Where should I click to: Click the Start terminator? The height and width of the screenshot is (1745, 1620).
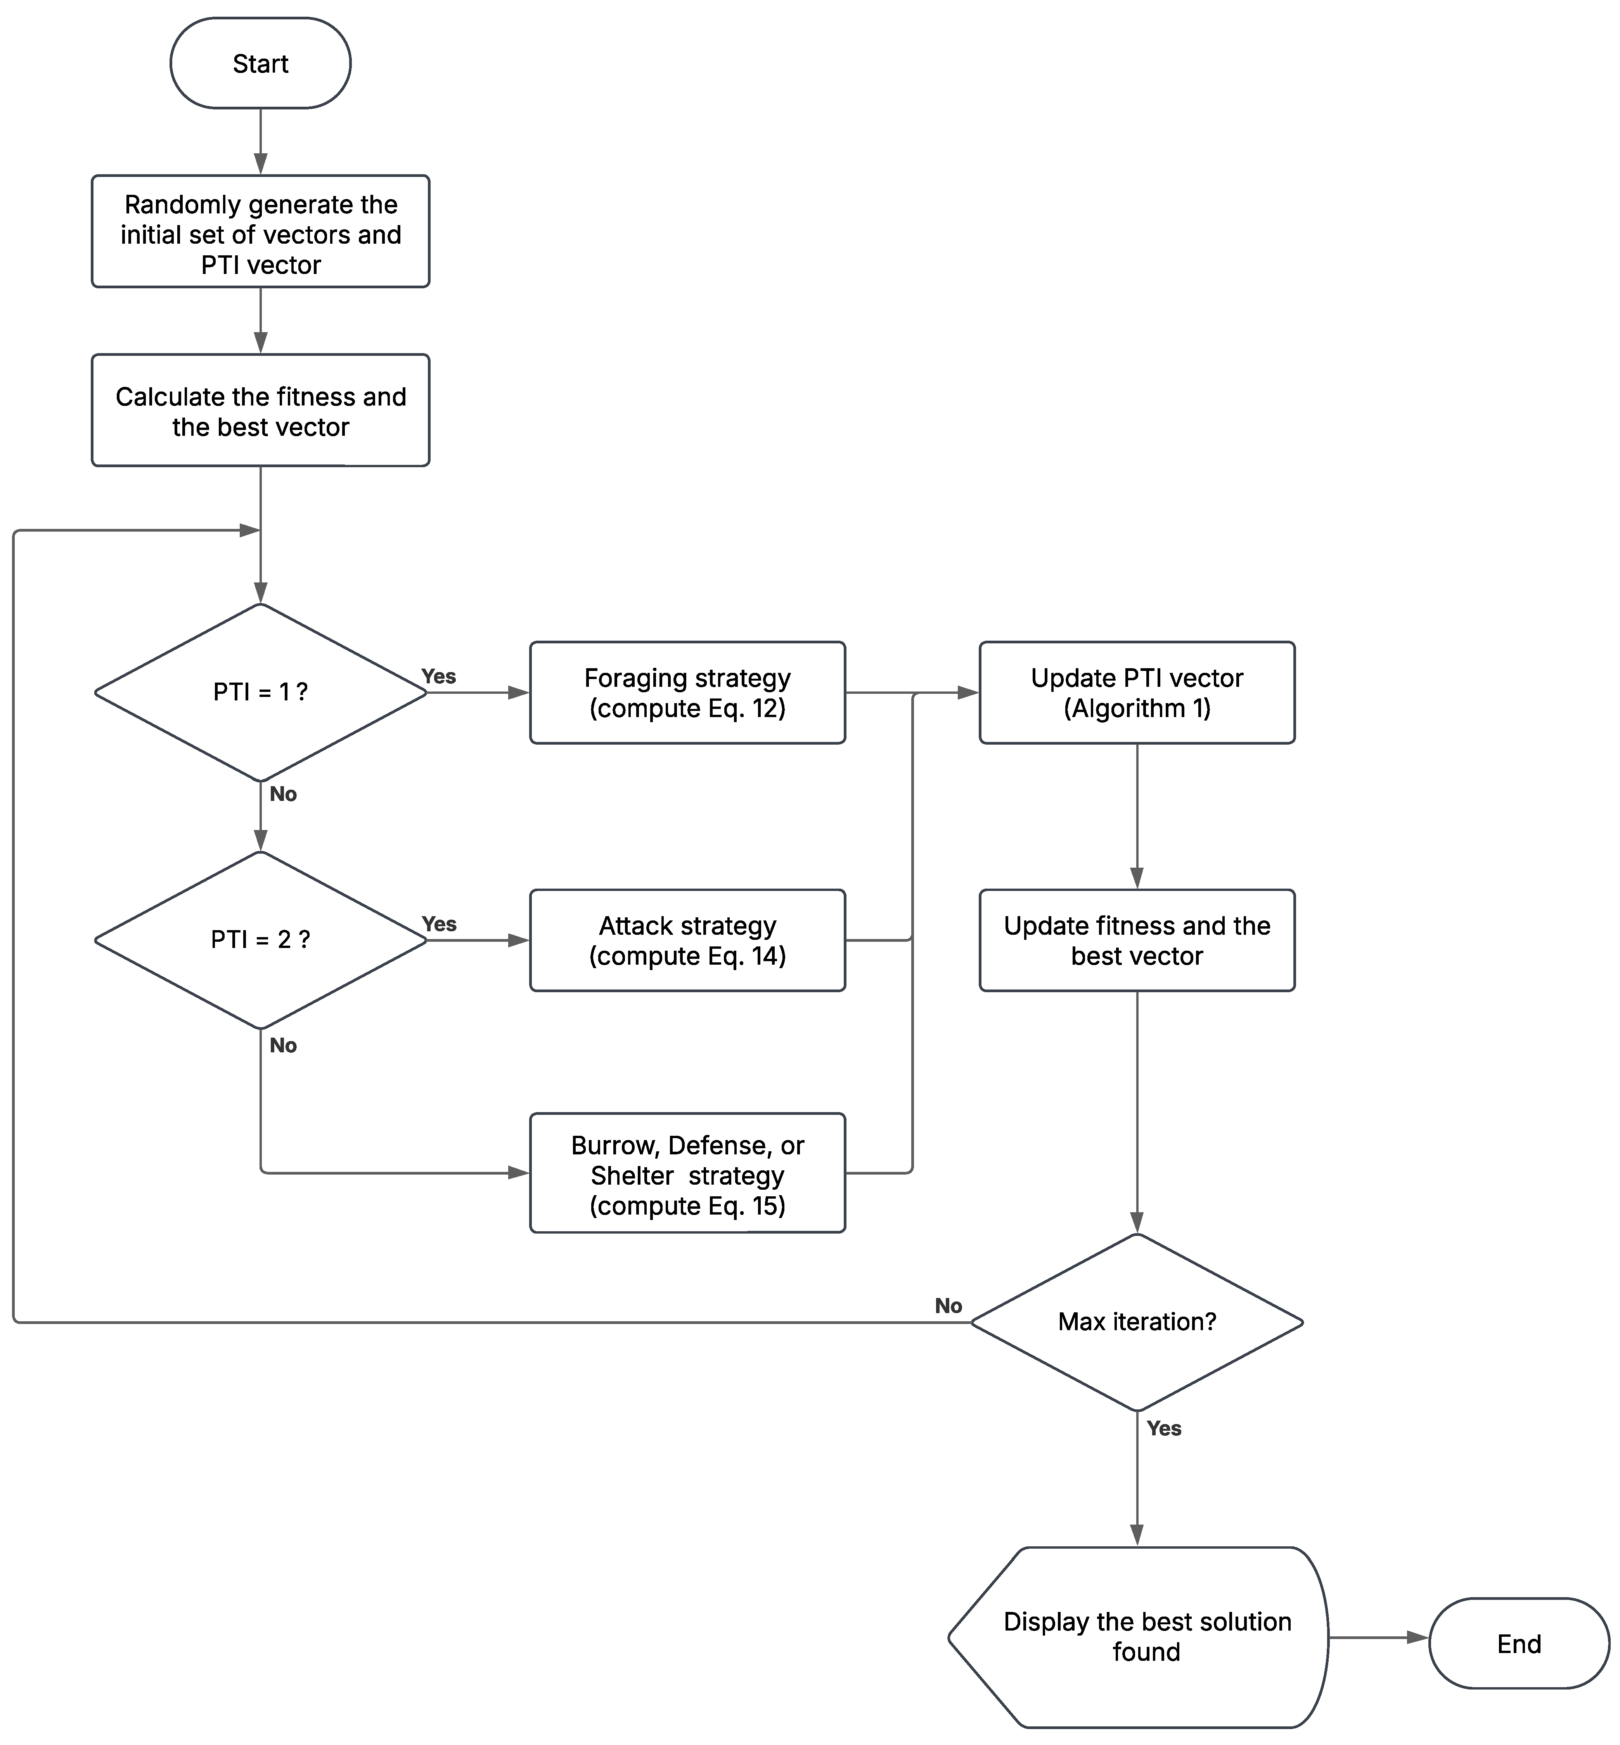[260, 63]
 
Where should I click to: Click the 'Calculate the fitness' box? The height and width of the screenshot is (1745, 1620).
[260, 411]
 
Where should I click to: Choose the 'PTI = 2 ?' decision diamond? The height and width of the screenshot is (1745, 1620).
[260, 940]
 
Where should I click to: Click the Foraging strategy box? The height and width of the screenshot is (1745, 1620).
[687, 693]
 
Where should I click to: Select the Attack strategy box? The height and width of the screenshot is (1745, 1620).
[687, 940]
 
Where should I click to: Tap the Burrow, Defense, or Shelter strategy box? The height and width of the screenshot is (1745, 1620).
[687, 1173]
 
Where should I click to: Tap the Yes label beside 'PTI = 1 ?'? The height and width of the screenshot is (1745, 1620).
[438, 676]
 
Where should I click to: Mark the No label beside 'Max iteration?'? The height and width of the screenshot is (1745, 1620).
[948, 1306]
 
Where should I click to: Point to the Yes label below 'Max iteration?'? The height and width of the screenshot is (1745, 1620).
[1163, 1428]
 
